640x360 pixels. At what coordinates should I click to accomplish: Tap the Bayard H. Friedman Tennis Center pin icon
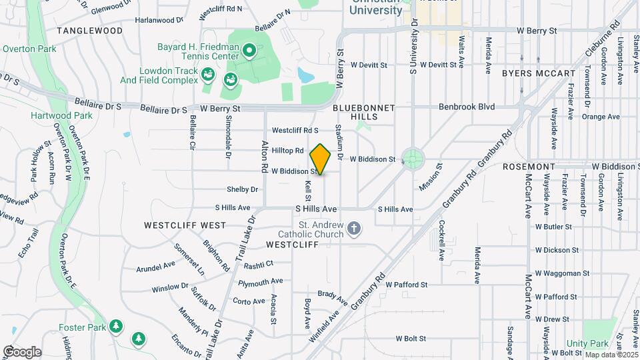point(249,49)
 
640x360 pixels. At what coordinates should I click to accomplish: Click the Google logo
point(22,351)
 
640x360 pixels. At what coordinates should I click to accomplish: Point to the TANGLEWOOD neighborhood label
point(90,31)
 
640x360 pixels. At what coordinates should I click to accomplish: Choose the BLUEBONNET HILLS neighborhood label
point(364,112)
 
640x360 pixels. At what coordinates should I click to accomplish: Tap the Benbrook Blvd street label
point(467,107)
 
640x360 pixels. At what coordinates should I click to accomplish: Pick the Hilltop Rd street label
point(287,151)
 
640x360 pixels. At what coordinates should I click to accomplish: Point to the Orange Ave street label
point(601,117)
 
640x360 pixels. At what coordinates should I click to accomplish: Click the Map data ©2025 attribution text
point(609,354)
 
